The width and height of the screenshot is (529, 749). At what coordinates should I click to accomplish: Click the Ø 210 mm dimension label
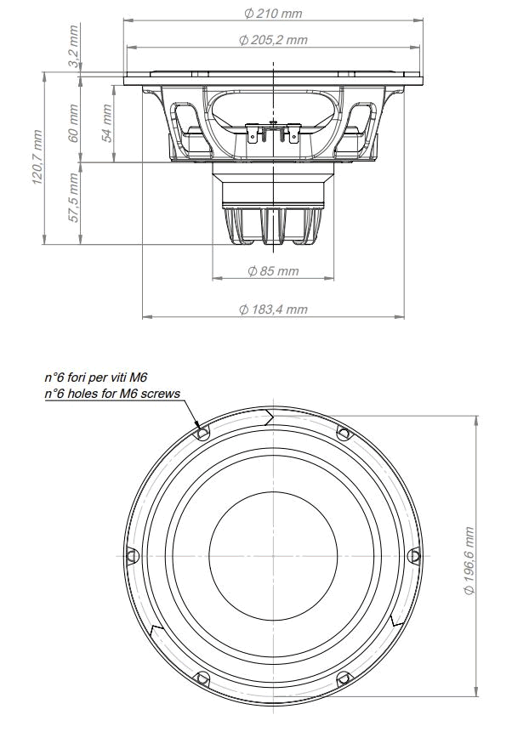click(x=273, y=13)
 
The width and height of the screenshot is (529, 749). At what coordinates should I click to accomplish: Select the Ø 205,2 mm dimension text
click(x=273, y=40)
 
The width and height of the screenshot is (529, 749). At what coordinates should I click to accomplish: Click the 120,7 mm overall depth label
click(x=37, y=157)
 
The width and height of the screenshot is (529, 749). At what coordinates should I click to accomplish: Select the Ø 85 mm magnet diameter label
click(x=273, y=271)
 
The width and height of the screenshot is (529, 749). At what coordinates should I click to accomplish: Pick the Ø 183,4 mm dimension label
click(x=273, y=309)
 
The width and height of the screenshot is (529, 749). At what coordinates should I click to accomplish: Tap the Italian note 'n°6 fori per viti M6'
click(x=102, y=377)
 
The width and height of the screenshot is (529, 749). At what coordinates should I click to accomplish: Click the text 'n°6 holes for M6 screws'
click(x=112, y=393)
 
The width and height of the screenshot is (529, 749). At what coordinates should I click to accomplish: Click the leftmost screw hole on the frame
click(x=131, y=555)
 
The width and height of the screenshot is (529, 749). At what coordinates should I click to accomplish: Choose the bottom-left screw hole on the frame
click(x=202, y=678)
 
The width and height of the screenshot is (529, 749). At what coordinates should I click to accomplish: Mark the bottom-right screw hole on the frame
click(x=344, y=678)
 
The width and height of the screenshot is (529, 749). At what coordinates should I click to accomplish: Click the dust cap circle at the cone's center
click(x=272, y=556)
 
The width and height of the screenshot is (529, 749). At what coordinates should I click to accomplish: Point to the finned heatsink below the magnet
click(x=273, y=226)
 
